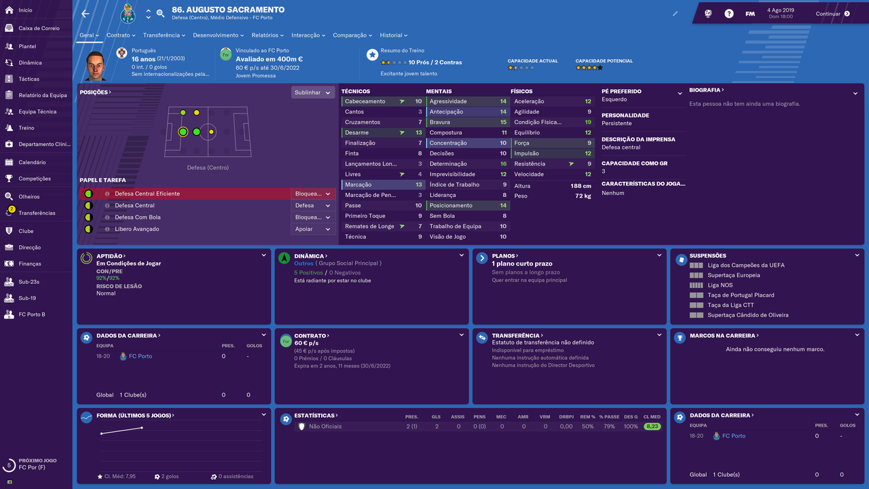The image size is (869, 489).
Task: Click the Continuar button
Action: [832, 14]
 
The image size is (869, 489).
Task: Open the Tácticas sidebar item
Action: [29, 79]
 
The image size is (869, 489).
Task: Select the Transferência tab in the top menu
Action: [164, 35]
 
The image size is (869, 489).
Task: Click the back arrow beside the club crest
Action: [86, 14]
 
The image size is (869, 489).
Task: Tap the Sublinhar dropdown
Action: [313, 92]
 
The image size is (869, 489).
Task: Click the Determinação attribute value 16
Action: [503, 164]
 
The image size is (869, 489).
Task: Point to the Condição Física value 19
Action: [588, 122]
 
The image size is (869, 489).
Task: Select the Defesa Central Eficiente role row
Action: [208, 194]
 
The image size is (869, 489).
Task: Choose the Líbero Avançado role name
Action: [136, 229]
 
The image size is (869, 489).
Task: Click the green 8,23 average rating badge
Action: [652, 426]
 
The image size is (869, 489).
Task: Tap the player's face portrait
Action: [95, 66]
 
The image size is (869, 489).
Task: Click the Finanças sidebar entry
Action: [29, 264]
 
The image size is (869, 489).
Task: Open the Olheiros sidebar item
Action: [29, 196]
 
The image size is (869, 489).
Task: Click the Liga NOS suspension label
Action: [720, 285]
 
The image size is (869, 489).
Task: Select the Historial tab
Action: [393, 35]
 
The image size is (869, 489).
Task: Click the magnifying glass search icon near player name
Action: [160, 14]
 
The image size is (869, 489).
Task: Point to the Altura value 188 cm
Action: [580, 186]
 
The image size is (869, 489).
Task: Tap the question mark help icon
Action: [729, 14]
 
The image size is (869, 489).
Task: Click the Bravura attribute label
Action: [439, 122]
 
